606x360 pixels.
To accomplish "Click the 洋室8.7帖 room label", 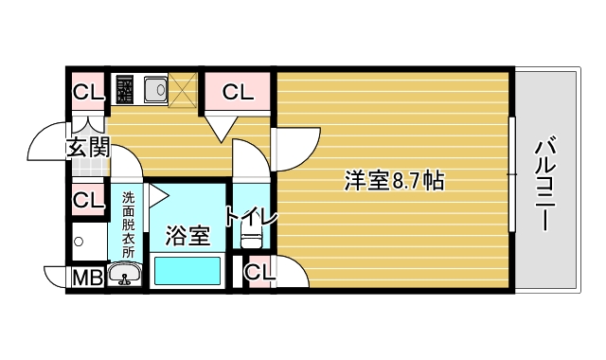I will pos(395,179).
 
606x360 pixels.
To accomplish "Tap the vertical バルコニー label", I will pos(544,185).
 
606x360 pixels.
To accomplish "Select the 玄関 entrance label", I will pos(88,147).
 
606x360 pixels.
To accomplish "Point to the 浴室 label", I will pos(187,235).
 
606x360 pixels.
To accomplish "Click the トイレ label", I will pos(251,217).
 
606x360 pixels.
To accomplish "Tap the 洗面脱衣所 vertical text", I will pos(128,226).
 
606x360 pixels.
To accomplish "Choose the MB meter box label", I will pos(88,278).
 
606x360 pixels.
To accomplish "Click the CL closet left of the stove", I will pos(88,93).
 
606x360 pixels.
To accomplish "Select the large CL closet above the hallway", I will pos(238,93).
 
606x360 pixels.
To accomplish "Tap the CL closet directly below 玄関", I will pos(88,200).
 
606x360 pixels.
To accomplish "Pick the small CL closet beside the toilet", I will pos(258,273).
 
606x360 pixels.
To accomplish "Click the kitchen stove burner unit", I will pos(124,91).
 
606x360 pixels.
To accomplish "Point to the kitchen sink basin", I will pos(154,91).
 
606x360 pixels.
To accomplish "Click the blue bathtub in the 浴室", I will pos(187,272).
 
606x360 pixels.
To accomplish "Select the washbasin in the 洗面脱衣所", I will pos(125,276).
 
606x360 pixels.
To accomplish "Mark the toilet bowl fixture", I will pos(251,241).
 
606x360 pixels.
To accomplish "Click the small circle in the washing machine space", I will pos(79,242).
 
